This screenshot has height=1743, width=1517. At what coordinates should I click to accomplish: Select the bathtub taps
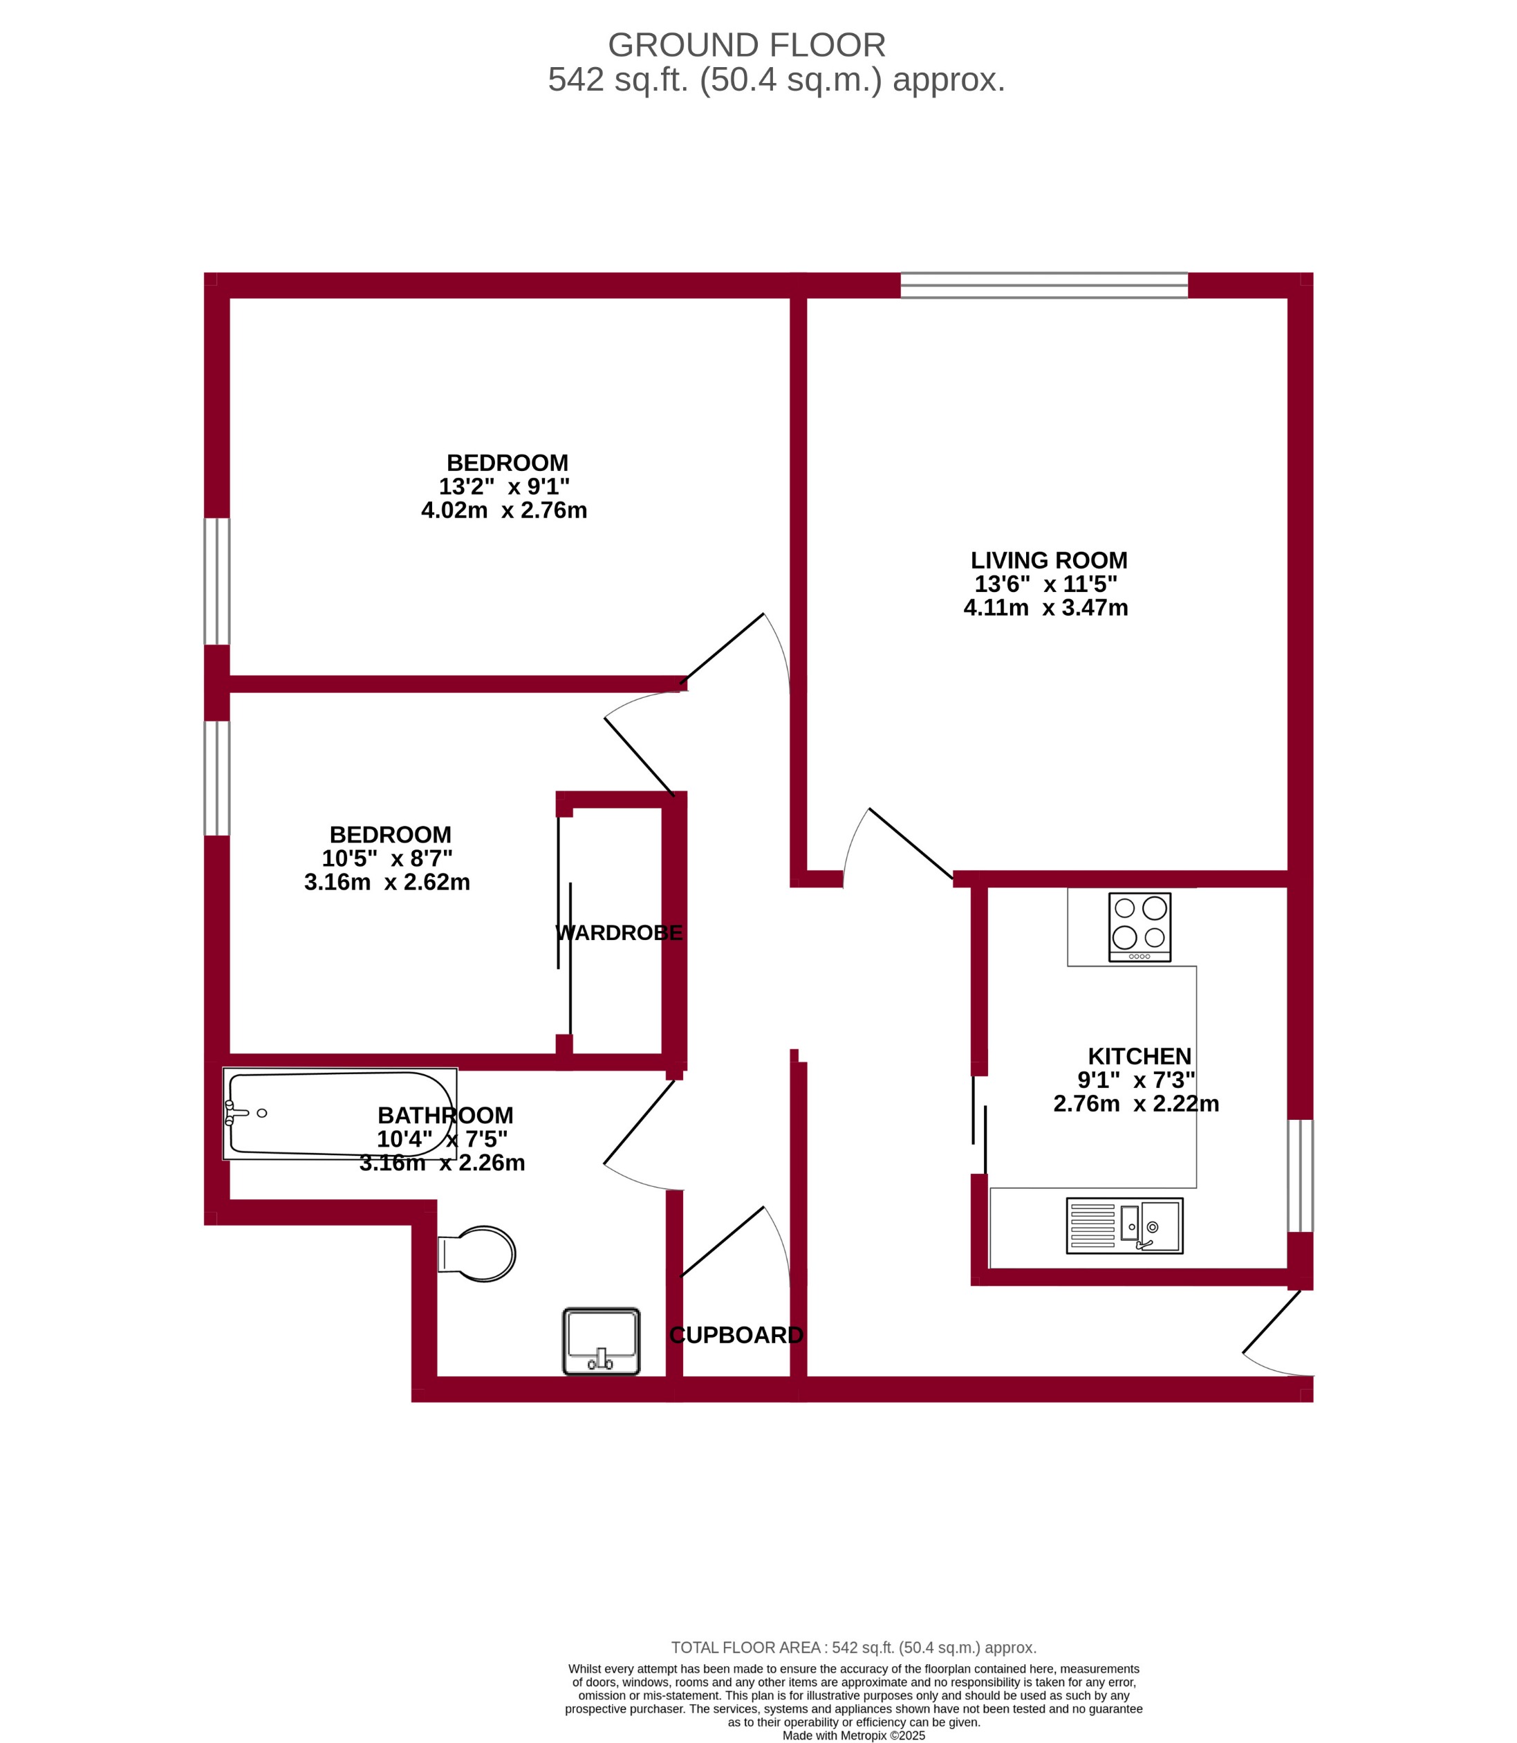tap(231, 1113)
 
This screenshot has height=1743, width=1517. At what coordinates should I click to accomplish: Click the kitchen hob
tap(1139, 927)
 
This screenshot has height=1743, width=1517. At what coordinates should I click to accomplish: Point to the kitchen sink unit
tap(1124, 1226)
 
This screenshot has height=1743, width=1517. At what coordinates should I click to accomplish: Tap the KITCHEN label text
tap(1139, 1056)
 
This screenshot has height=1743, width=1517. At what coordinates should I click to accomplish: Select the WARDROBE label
tap(618, 932)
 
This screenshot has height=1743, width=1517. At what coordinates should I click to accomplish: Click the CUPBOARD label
tap(736, 1335)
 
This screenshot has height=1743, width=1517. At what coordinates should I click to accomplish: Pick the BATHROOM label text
tap(445, 1116)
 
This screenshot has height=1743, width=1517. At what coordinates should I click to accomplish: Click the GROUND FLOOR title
tap(747, 44)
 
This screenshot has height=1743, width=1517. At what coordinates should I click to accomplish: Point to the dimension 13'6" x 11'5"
tap(1045, 584)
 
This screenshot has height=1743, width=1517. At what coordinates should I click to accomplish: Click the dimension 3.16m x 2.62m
tap(387, 883)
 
